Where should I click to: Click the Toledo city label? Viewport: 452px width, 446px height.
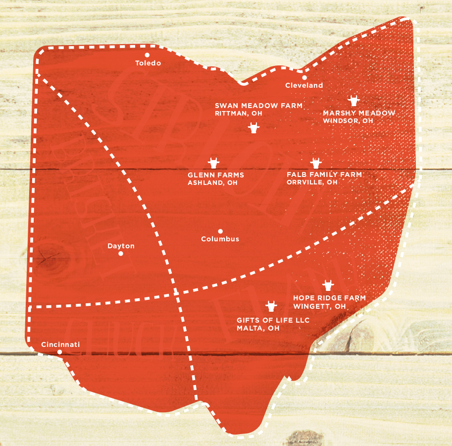pyautogui.click(x=148, y=63)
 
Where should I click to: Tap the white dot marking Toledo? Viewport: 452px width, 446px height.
pyautogui.click(x=147, y=55)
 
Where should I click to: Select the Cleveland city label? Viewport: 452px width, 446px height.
pyautogui.click(x=304, y=85)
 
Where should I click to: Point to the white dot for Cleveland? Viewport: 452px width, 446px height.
pyautogui.click(x=304, y=77)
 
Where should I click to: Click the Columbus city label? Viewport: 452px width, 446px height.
pyautogui.click(x=220, y=239)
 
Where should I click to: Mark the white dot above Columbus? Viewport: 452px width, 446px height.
pyautogui.click(x=220, y=231)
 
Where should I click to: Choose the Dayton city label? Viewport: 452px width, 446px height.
pyautogui.click(x=121, y=246)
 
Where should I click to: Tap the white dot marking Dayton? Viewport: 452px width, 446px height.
pyautogui.click(x=121, y=254)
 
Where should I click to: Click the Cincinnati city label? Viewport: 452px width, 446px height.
pyautogui.click(x=60, y=344)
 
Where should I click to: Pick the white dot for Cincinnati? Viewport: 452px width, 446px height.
pyautogui.click(x=60, y=352)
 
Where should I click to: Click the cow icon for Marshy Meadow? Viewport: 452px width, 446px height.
pyautogui.click(x=353, y=101)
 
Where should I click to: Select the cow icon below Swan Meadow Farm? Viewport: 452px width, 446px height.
pyautogui.click(x=254, y=128)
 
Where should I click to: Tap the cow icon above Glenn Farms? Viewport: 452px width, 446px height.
pyautogui.click(x=213, y=163)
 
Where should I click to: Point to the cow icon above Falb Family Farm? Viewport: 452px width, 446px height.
pyautogui.click(x=316, y=163)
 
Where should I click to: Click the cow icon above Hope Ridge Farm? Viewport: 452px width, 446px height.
pyautogui.click(x=328, y=285)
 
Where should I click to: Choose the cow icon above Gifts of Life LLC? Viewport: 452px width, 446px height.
pyautogui.click(x=271, y=306)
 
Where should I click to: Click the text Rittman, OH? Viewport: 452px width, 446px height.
pyautogui.click(x=239, y=113)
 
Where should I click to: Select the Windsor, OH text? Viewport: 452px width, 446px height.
pyautogui.click(x=348, y=120)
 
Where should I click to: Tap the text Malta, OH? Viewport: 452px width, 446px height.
pyautogui.click(x=258, y=328)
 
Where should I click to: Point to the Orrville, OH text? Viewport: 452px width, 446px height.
pyautogui.click(x=312, y=182)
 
